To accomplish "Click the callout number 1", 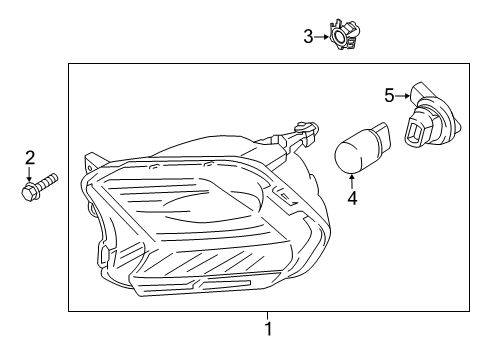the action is pyautogui.click(x=268, y=329).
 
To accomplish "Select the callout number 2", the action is pyautogui.click(x=30, y=158).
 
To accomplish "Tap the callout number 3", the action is pyautogui.click(x=308, y=37).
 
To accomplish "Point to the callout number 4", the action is pyautogui.click(x=352, y=198).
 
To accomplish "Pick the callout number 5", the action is pyautogui.click(x=389, y=95).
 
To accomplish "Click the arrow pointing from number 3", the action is pyautogui.click(x=322, y=37).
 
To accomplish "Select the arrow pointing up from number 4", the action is pyautogui.click(x=352, y=181).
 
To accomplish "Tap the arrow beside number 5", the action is pyautogui.click(x=403, y=96).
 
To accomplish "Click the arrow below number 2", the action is pyautogui.click(x=30, y=174).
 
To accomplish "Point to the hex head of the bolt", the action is pyautogui.click(x=29, y=191).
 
